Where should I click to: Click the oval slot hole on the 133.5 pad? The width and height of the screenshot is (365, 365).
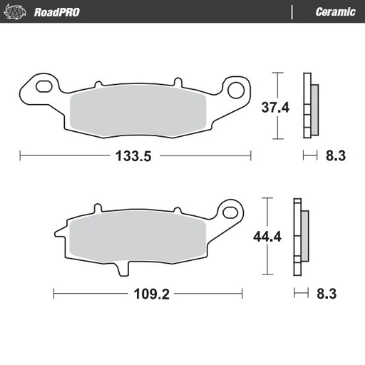[x=42, y=88]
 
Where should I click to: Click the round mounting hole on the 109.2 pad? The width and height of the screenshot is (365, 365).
[x=229, y=212]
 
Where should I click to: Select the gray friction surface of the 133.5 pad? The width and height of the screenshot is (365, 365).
[x=139, y=110]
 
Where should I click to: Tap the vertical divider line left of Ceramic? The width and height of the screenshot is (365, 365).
[x=292, y=11]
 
